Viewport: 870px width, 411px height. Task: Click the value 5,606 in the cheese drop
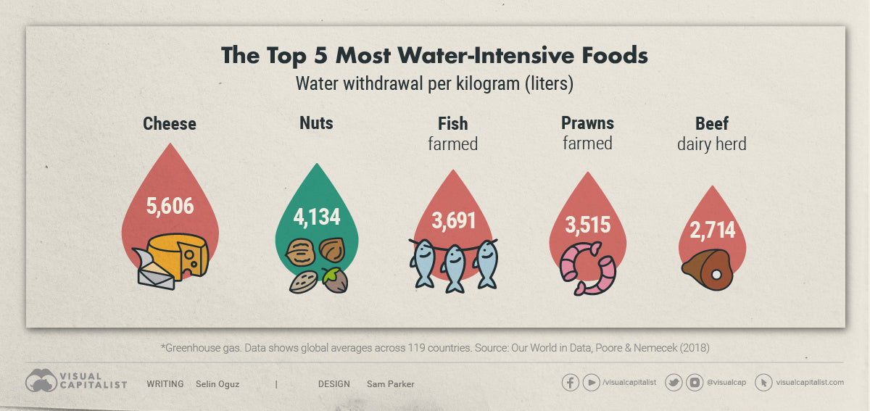pyautogui.click(x=170, y=207)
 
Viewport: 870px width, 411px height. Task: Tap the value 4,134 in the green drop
pyautogui.click(x=316, y=217)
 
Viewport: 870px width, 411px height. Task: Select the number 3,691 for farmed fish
pyautogui.click(x=455, y=220)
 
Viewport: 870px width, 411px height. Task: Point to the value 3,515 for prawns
pyautogui.click(x=587, y=225)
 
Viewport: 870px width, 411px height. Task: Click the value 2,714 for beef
pyautogui.click(x=712, y=231)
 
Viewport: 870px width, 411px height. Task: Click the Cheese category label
pyautogui.click(x=170, y=123)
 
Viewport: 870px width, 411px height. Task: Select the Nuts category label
pyautogui.click(x=316, y=123)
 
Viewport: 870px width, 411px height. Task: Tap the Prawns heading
pyautogui.click(x=587, y=123)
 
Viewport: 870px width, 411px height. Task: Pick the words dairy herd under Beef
pyautogui.click(x=711, y=144)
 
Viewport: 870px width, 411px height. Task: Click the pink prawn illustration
pyautogui.click(x=587, y=268)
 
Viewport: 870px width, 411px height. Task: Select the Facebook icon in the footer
pyautogui.click(x=571, y=383)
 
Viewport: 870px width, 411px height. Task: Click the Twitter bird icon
pyautogui.click(x=674, y=383)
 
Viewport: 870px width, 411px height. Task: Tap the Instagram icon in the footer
pyautogui.click(x=695, y=383)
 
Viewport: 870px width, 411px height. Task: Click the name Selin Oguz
pyautogui.click(x=217, y=384)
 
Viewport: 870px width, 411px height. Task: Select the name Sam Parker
pyautogui.click(x=391, y=384)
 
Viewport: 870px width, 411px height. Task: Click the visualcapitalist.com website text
pyautogui.click(x=809, y=383)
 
